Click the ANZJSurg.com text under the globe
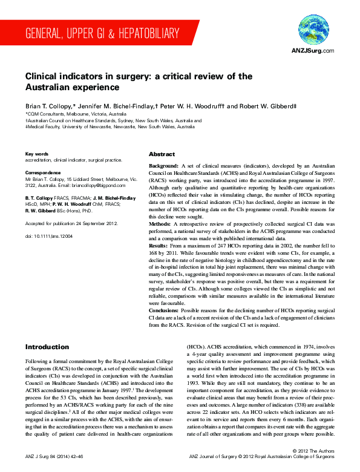(x=313, y=51)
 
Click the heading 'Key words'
(x=36, y=154)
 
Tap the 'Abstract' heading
(x=162, y=154)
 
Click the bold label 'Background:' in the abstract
(x=163, y=165)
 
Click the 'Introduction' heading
(x=47, y=347)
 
